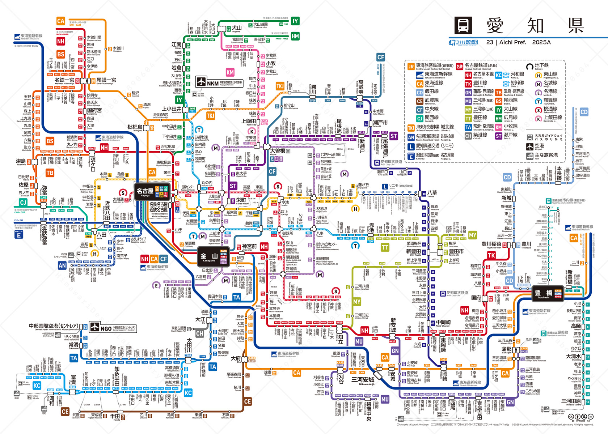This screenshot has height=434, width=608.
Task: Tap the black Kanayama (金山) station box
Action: [x=214, y=257]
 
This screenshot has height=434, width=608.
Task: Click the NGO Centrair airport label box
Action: [x=113, y=328]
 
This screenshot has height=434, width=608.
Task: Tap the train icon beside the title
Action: [x=463, y=25]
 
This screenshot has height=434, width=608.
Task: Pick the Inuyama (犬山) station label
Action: [x=236, y=28]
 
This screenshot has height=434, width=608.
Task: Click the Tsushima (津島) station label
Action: [x=21, y=161]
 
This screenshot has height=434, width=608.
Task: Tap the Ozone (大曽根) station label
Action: [x=278, y=151]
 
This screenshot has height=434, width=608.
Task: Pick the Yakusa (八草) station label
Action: [x=432, y=193]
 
